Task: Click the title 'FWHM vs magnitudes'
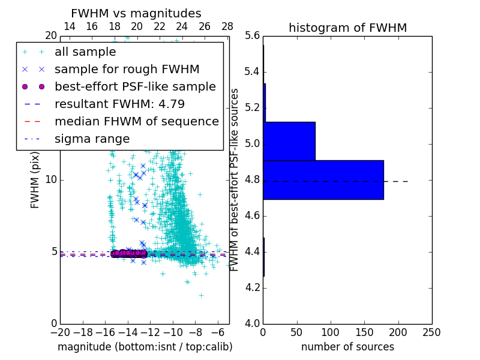point(136,13)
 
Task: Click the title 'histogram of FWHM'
point(347,28)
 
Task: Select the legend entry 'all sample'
point(85,52)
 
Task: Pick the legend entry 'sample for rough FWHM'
point(127,69)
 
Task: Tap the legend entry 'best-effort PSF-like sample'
point(135,86)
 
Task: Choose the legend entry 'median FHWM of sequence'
point(136,121)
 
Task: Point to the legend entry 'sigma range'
point(92,139)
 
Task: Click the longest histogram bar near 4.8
point(323,179)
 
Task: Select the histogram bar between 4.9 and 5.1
point(289,141)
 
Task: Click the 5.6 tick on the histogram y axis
point(252,36)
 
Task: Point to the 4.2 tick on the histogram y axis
point(252,287)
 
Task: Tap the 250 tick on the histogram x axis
point(431,332)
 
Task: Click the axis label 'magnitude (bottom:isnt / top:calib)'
point(145,347)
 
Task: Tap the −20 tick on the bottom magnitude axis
point(60,332)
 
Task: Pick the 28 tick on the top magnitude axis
point(227,26)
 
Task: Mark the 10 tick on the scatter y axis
point(50,179)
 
